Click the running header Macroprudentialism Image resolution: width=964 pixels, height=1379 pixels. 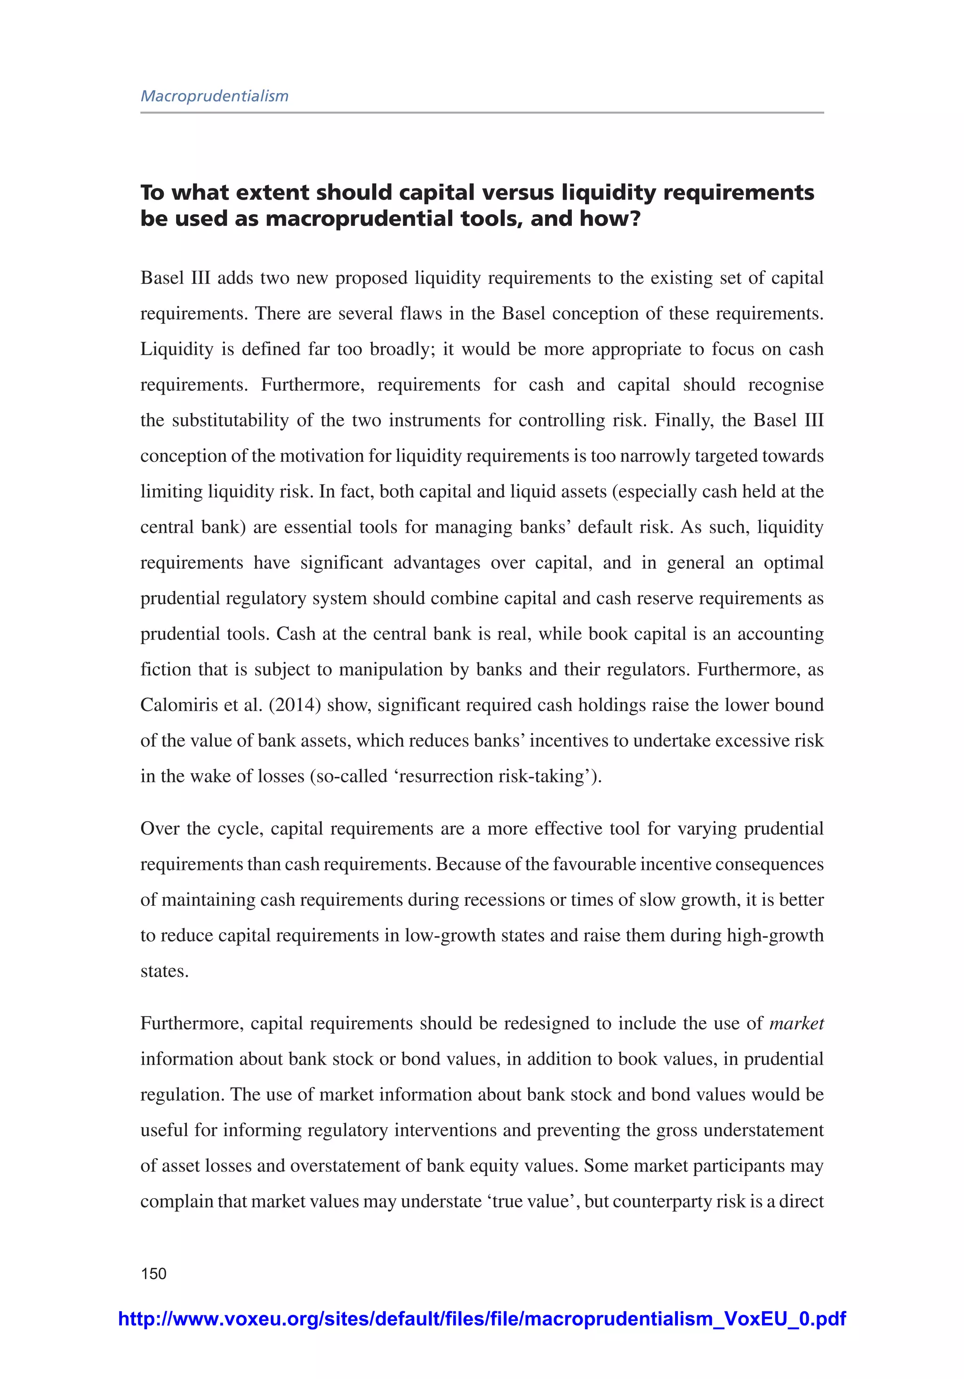pyautogui.click(x=215, y=96)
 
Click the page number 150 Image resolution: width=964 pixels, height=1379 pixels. pyautogui.click(x=154, y=1273)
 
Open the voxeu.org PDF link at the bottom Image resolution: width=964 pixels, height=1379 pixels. pyautogui.click(x=482, y=1318)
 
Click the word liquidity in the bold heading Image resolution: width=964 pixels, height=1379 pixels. pyautogui.click(x=608, y=193)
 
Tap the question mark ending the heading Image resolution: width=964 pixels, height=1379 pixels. pyautogui.click(x=634, y=218)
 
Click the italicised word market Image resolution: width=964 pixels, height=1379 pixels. pyautogui.click(x=796, y=1024)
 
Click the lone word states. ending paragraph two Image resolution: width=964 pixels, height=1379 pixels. pyautogui.click(x=165, y=971)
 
